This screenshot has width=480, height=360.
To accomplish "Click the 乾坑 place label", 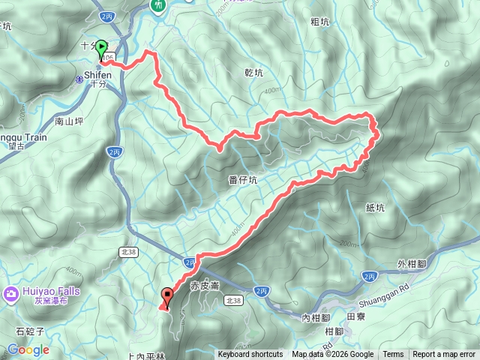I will (254, 73).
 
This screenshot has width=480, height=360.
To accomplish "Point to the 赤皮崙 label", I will (204, 286).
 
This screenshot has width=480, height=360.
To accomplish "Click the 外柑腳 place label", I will (412, 264).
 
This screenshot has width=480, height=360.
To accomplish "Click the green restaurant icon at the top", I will (158, 5).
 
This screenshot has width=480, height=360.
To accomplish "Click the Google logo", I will (28, 349).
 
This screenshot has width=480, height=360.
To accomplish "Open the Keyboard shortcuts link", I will (250, 355).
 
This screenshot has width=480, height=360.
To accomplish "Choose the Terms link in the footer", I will (393, 355).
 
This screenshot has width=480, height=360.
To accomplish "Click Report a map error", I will (445, 355).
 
